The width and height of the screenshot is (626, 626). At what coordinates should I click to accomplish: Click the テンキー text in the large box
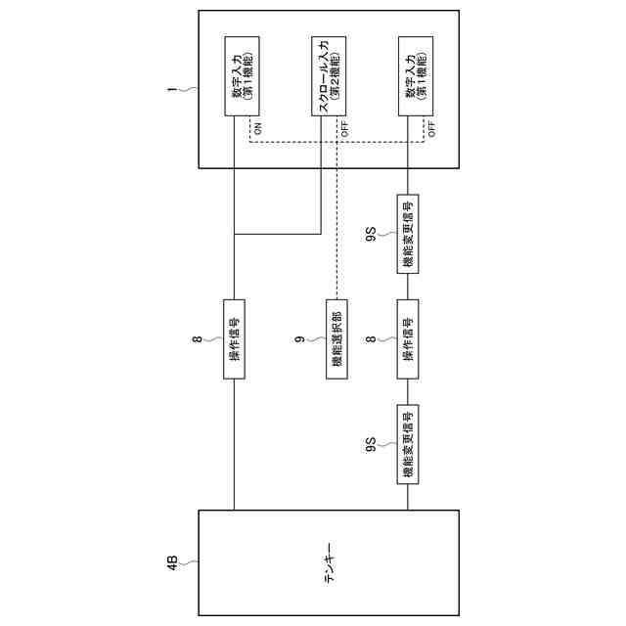pos(328,563)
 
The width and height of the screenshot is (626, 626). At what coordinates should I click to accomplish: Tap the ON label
pos(258,128)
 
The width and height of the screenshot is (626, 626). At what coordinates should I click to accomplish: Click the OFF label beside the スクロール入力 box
pos(343,128)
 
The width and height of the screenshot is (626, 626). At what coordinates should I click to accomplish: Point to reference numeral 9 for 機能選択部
pos(296,339)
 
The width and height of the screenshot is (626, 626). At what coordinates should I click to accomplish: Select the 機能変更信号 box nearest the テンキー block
pos(407,442)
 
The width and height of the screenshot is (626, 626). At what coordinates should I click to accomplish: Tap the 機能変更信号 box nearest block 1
pos(407,233)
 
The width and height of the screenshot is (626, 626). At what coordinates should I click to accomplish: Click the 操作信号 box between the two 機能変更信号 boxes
pos(407,339)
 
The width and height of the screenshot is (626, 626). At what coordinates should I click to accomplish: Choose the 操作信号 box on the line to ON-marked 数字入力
pos(235,339)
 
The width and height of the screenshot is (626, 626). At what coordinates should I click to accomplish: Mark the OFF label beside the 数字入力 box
pos(430,128)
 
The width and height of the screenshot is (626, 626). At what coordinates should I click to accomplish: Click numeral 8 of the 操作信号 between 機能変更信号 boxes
pos(371,339)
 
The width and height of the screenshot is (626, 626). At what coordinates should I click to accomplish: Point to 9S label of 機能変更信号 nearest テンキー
pos(371,442)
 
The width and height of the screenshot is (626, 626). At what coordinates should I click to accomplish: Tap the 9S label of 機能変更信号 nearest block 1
pos(371,233)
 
